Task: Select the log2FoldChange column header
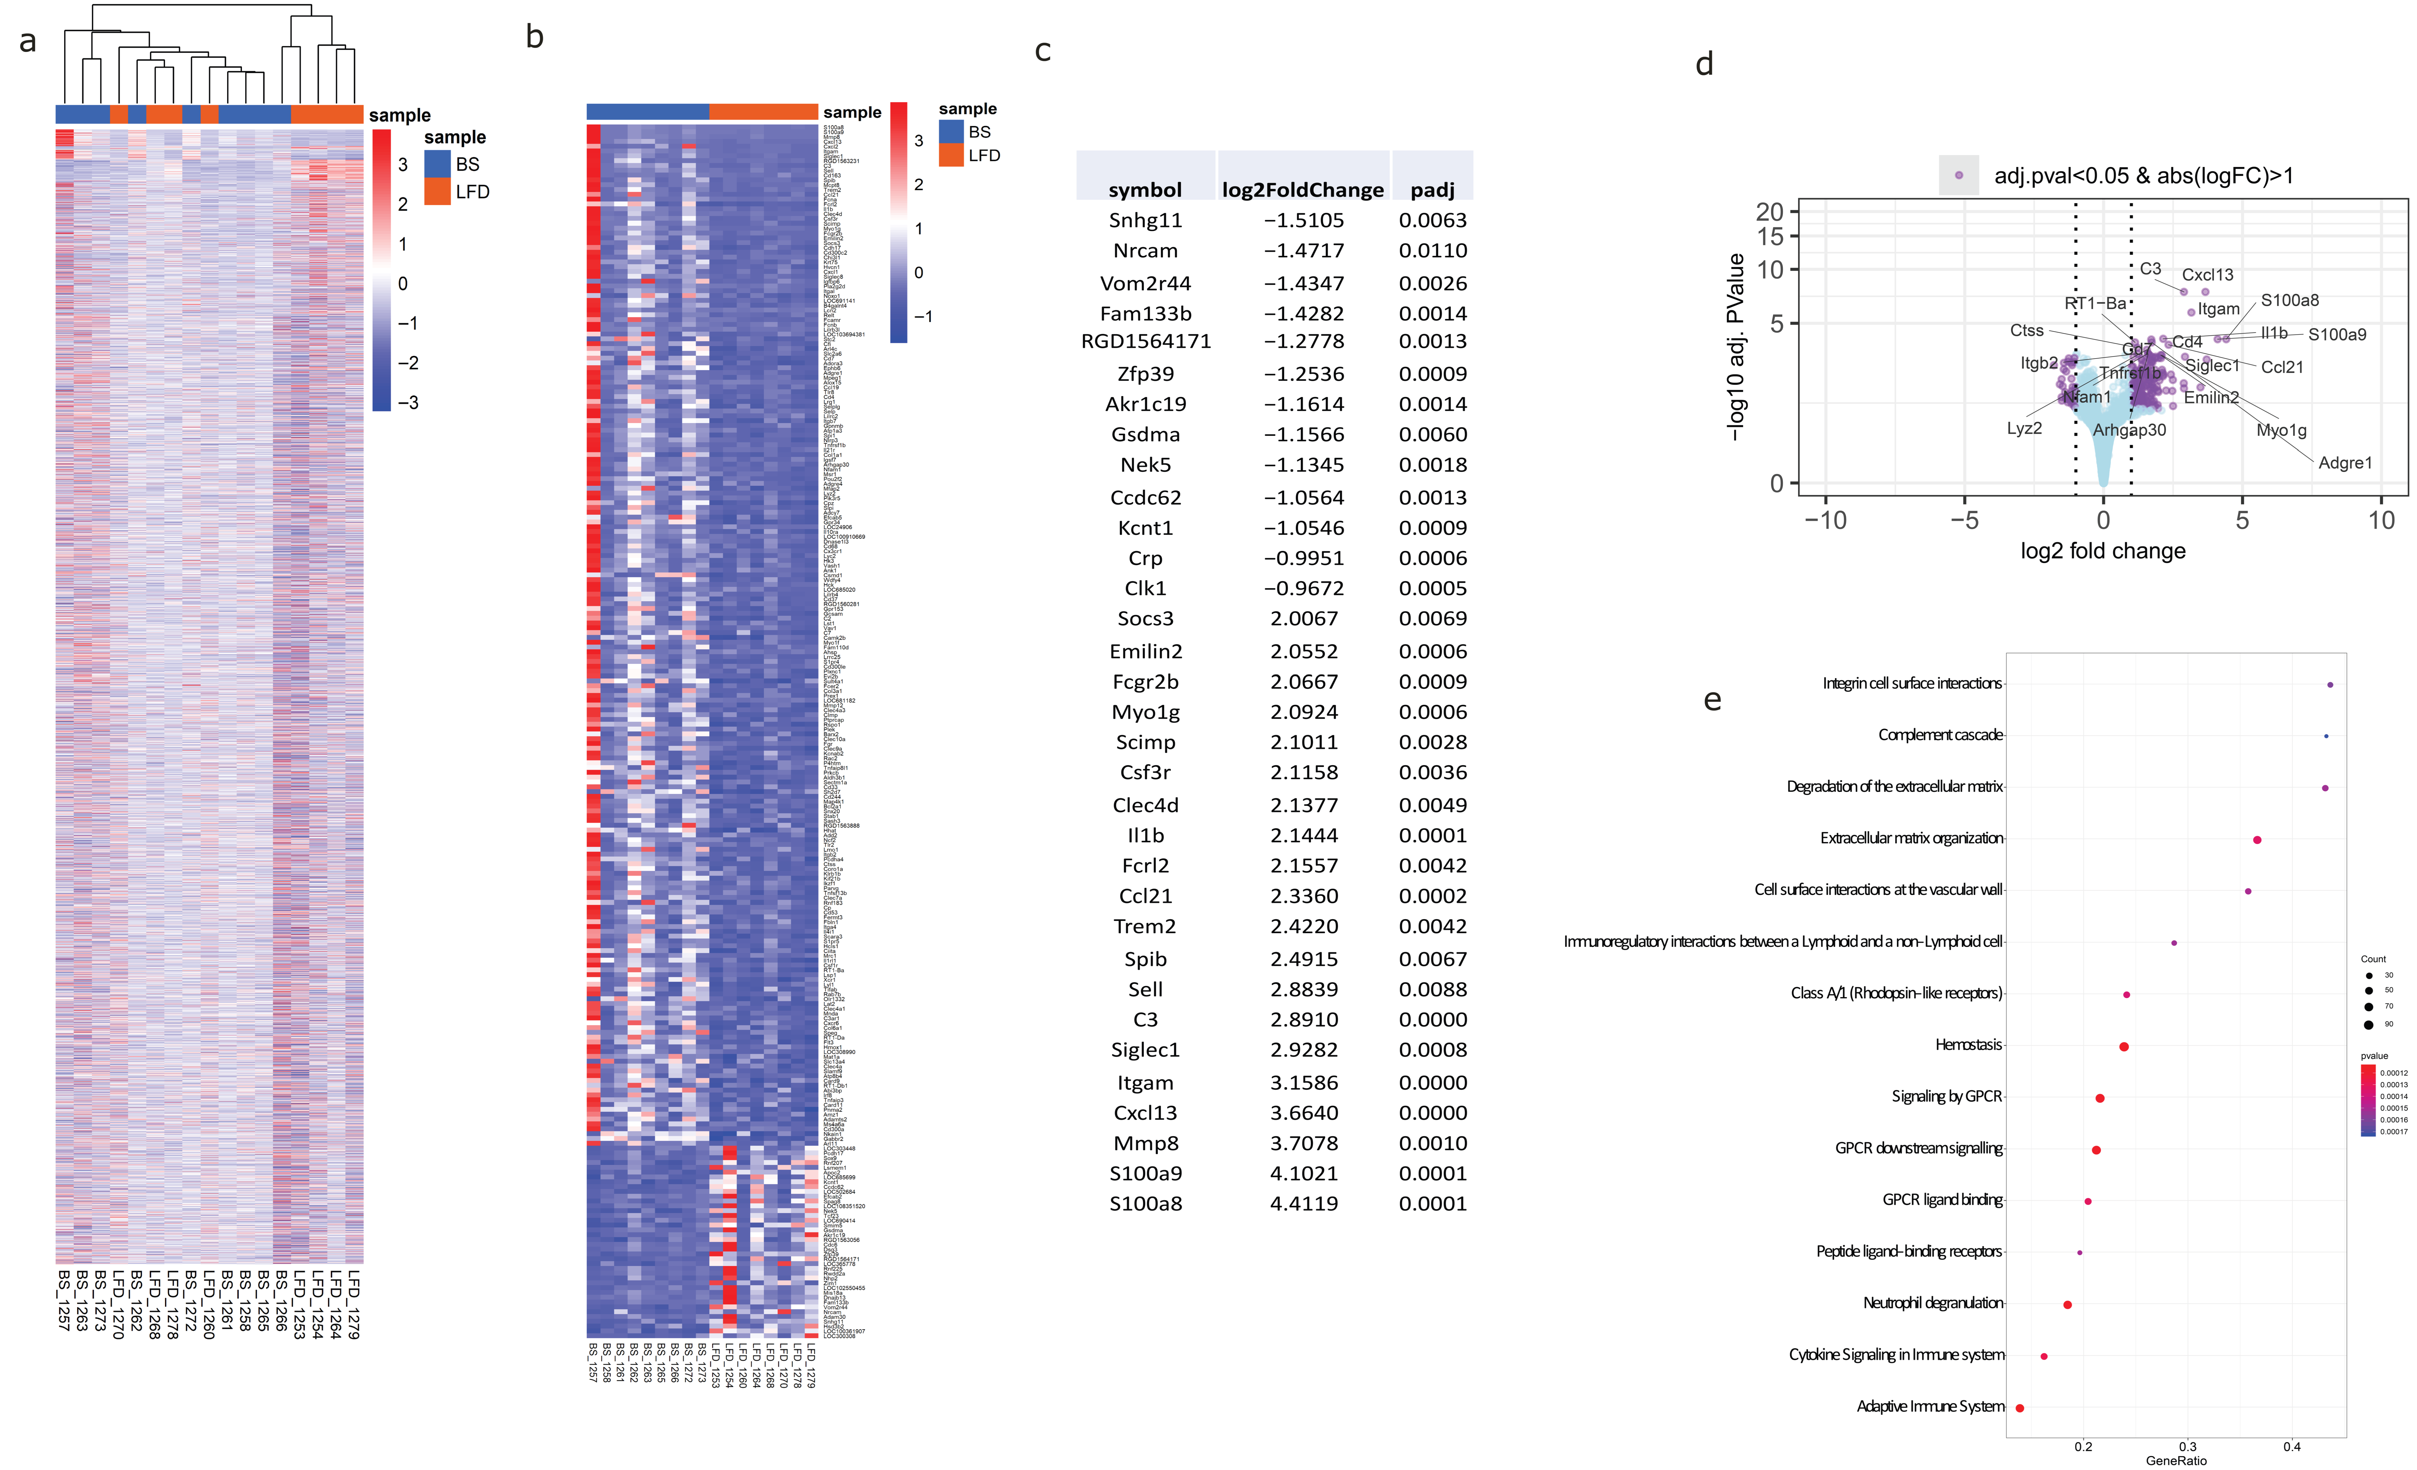(x=1303, y=189)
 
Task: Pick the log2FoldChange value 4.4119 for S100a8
(x=1304, y=1203)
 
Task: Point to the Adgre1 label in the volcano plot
(x=2345, y=463)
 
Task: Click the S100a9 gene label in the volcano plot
(x=2336, y=335)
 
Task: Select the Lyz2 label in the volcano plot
(x=2024, y=429)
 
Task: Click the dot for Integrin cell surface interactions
(x=2330, y=685)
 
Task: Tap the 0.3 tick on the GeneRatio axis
(x=2188, y=1446)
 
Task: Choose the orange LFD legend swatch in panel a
(x=438, y=192)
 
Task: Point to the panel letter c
(x=1043, y=51)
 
